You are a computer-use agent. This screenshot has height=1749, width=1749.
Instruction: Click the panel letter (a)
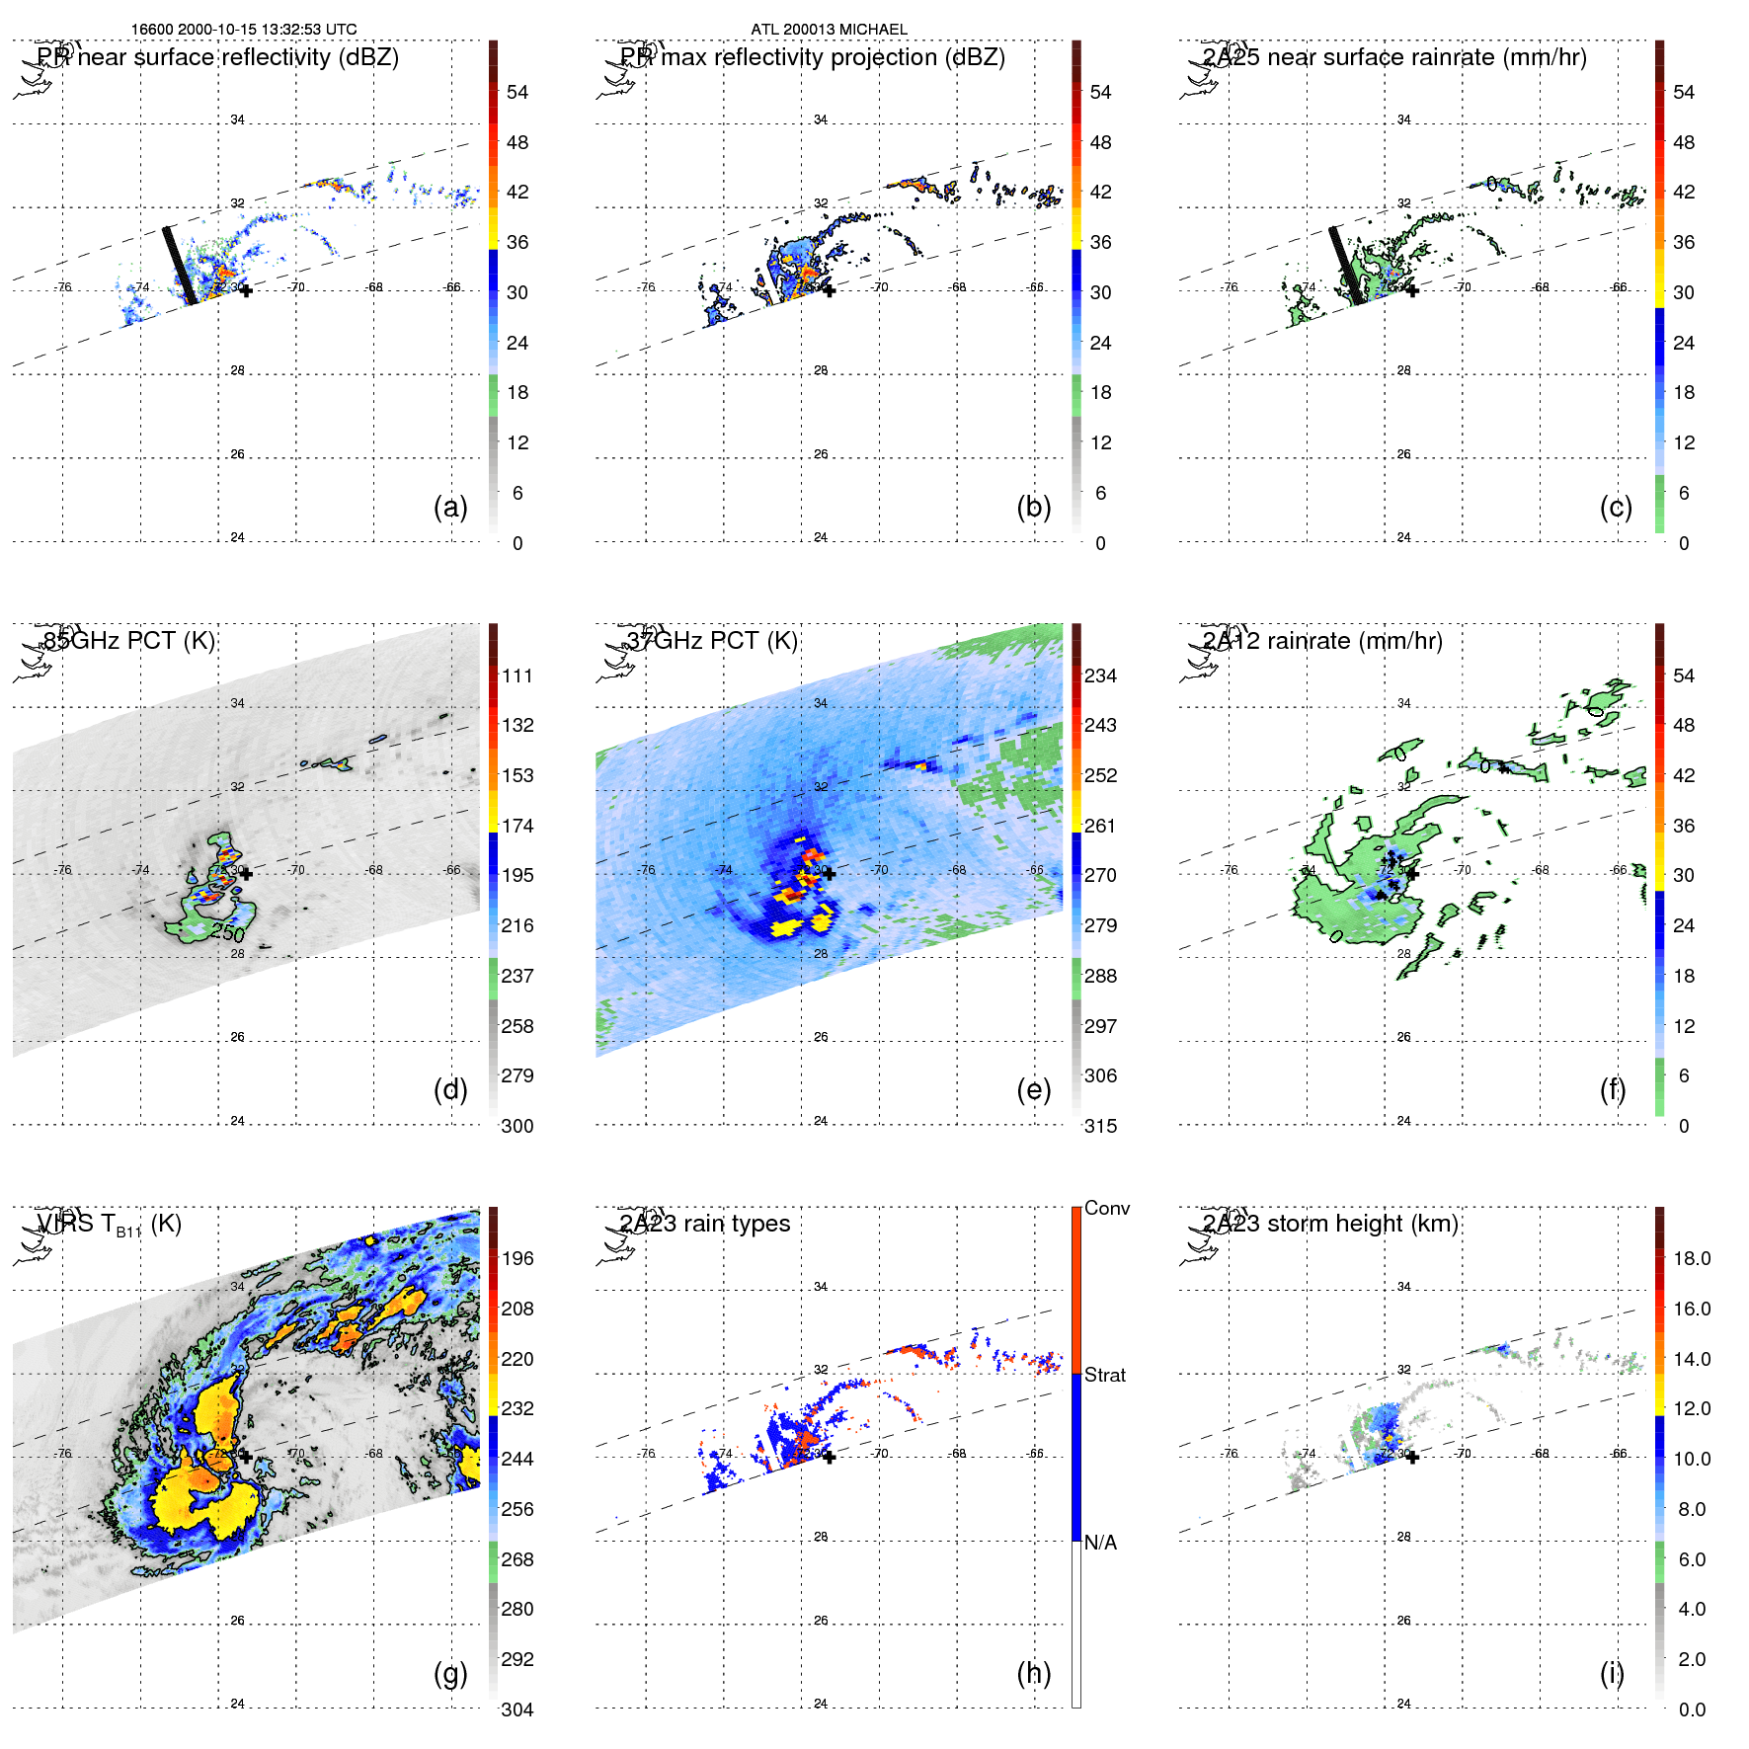tap(450, 508)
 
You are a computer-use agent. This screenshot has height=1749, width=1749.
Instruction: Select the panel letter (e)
tap(1033, 1090)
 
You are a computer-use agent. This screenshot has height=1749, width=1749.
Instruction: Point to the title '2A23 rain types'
tap(705, 1224)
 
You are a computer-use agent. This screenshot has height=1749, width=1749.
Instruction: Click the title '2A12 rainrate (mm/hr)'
tap(1322, 641)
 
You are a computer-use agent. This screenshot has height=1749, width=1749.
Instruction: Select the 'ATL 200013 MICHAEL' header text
tap(829, 30)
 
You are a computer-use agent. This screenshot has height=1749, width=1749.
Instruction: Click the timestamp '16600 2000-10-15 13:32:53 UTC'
tap(244, 30)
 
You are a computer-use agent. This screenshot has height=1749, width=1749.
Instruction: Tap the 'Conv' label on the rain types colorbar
tap(1106, 1208)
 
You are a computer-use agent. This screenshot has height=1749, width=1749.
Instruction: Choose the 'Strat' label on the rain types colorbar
tap(1104, 1375)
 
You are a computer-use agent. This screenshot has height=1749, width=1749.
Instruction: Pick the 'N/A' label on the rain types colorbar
tap(1100, 1543)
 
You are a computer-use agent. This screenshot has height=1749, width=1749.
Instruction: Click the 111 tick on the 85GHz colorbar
tap(517, 676)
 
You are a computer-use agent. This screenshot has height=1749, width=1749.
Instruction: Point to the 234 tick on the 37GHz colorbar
tap(1100, 676)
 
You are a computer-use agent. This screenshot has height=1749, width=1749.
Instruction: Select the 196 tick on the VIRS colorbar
tap(517, 1258)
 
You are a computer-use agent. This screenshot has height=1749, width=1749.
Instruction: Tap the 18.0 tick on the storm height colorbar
tap(1691, 1258)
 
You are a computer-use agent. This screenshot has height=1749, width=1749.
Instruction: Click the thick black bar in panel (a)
tap(180, 266)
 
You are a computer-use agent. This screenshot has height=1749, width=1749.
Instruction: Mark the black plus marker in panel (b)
tap(829, 290)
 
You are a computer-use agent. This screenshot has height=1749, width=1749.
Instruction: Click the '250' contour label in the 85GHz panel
tap(227, 932)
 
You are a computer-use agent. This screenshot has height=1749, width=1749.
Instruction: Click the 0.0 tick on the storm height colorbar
tap(1691, 1709)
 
